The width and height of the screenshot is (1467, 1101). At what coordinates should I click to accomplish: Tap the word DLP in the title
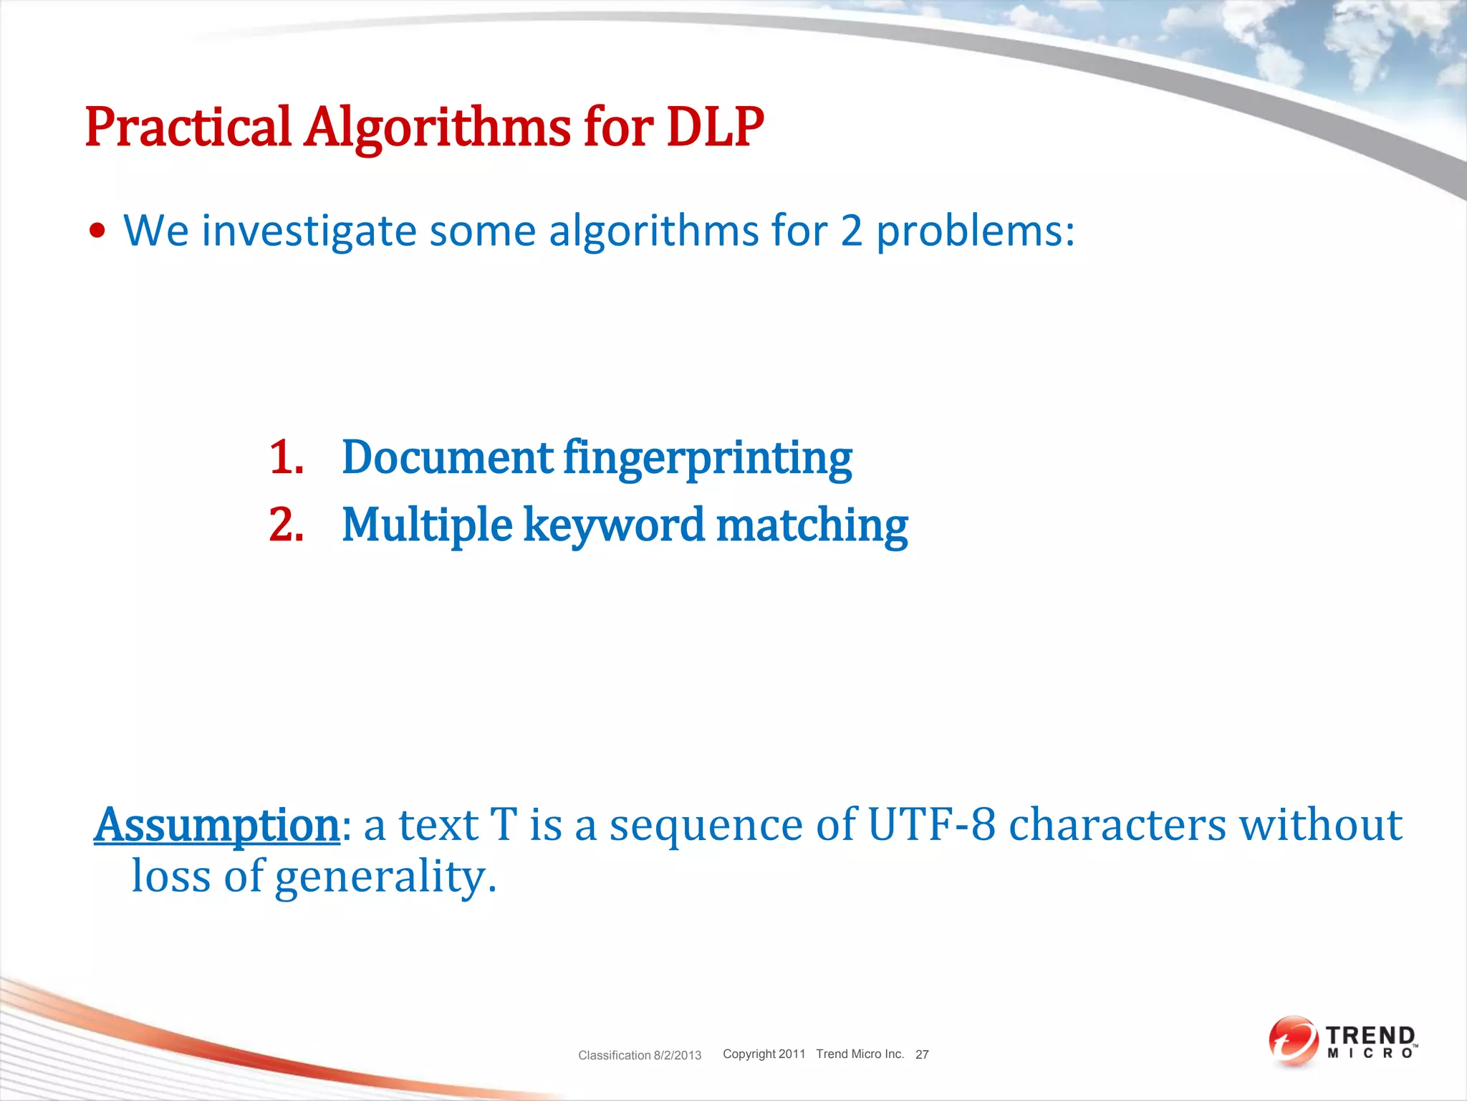tap(715, 128)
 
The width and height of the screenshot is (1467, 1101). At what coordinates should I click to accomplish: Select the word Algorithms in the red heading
tap(437, 128)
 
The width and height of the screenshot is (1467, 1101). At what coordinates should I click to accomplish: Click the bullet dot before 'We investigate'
tap(98, 232)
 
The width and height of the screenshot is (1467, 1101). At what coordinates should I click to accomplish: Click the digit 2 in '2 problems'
tap(851, 232)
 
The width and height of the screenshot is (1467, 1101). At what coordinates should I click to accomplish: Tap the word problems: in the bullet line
tap(976, 232)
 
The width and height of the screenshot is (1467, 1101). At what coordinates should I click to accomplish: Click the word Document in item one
tap(447, 457)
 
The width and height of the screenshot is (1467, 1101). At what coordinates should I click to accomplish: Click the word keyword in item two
tap(614, 525)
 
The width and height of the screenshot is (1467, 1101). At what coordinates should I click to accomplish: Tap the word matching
tap(812, 525)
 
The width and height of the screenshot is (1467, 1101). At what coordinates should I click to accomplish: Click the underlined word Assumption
tap(217, 826)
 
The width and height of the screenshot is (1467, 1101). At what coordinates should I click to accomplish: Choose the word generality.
tap(385, 877)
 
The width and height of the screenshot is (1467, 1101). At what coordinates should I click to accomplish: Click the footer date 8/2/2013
tap(677, 1055)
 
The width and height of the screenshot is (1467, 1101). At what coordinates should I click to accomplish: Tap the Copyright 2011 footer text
tap(764, 1054)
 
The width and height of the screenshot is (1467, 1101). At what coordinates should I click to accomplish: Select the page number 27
tap(922, 1054)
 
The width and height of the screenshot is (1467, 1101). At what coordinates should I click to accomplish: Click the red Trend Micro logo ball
tap(1292, 1040)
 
